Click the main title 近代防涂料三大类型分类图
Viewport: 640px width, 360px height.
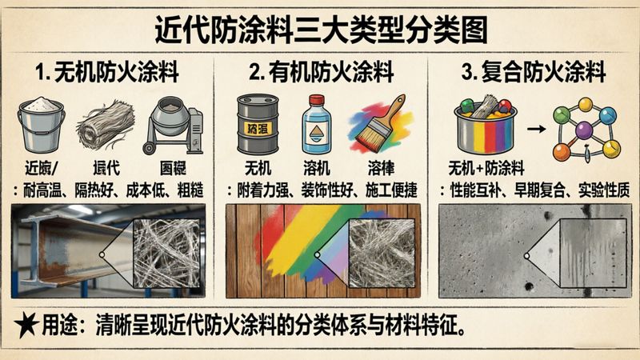320,32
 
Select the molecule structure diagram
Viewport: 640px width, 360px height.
588,128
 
